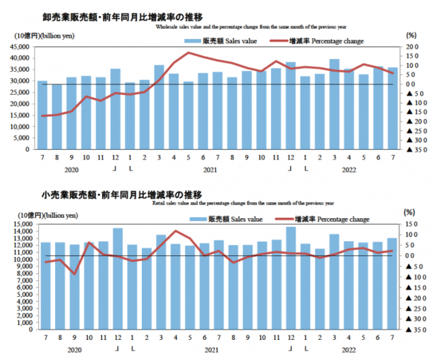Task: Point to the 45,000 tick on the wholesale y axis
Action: pyautogui.click(x=20, y=47)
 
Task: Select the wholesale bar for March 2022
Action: pyautogui.click(x=334, y=104)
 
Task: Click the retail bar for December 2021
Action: pyautogui.click(x=290, y=278)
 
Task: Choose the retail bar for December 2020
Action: pyautogui.click(x=118, y=279)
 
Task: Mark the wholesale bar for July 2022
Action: pyautogui.click(x=393, y=109)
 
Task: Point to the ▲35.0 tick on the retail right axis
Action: pyautogui.click(x=411, y=330)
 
